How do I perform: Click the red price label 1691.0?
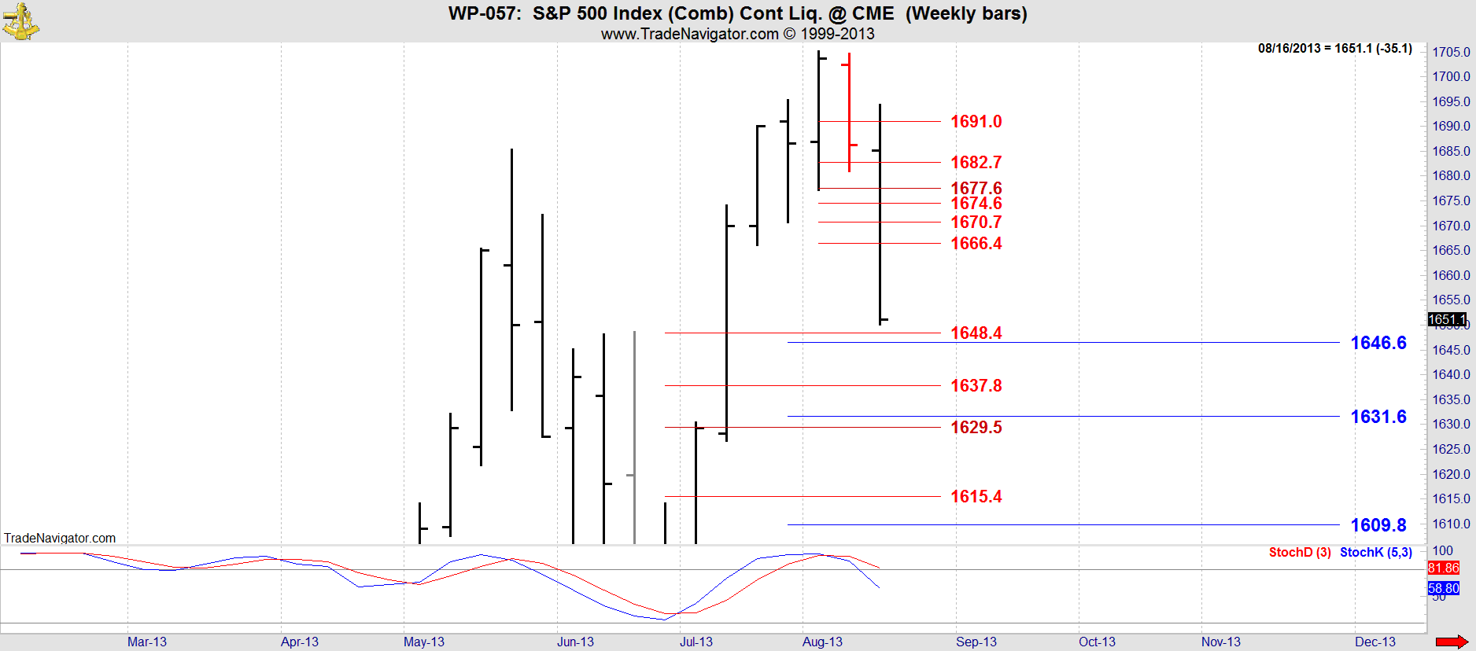976,122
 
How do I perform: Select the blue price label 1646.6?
1378,343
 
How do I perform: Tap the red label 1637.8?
976,386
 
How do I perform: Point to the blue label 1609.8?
1378,525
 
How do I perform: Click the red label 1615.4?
976,497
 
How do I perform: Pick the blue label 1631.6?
1378,417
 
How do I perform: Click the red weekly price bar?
849,110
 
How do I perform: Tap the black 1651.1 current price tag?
1447,319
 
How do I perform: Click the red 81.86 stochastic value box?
1443,568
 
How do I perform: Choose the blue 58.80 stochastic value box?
1443,588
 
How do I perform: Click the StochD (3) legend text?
1299,553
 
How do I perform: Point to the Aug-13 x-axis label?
822,642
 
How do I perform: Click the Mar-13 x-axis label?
147,642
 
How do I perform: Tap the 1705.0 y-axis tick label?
1451,52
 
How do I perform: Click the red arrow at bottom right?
1452,642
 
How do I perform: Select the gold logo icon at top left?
20,21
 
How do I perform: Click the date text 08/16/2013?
1289,49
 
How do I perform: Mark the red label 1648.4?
976,333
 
